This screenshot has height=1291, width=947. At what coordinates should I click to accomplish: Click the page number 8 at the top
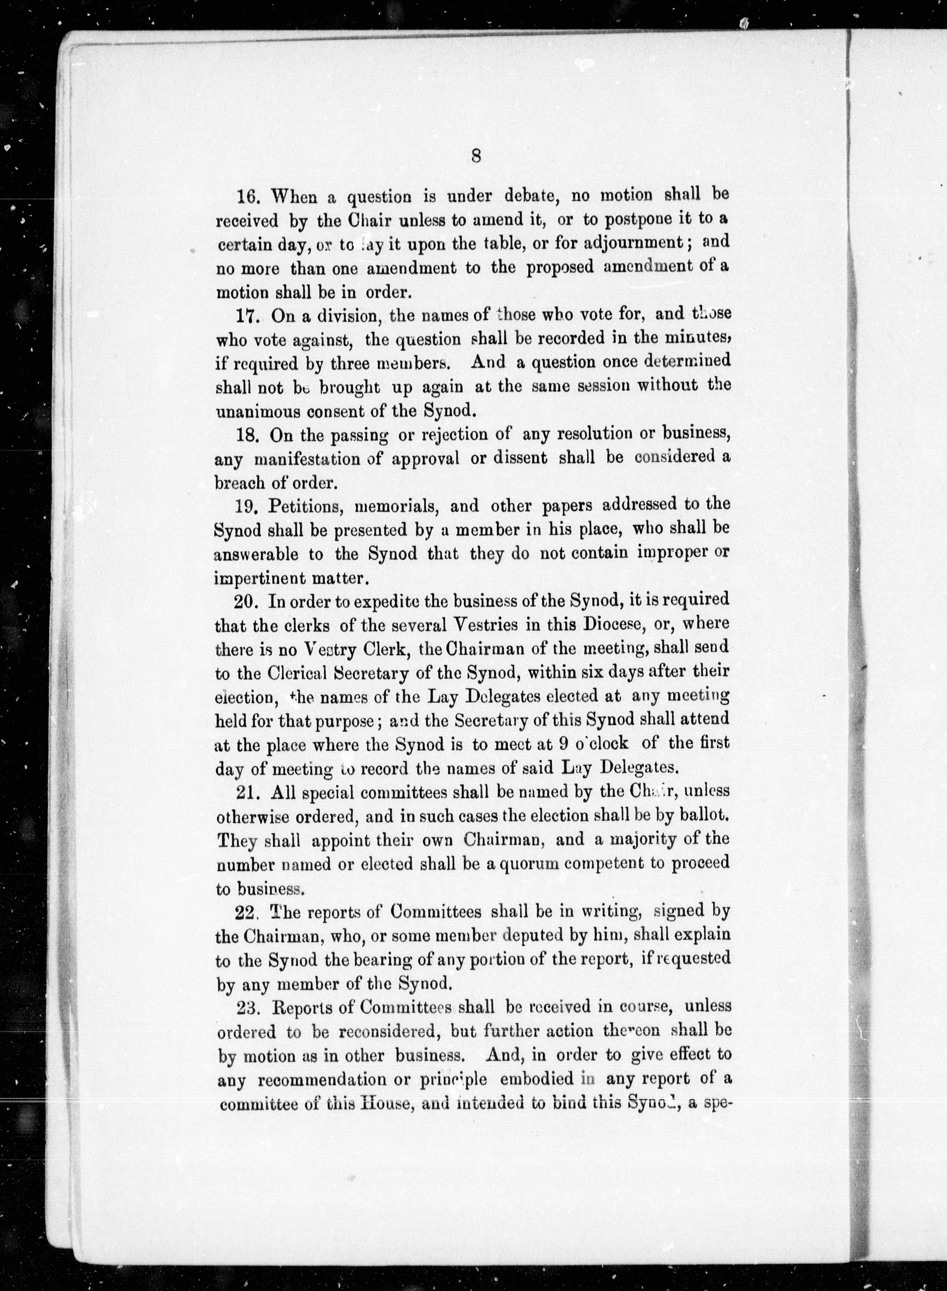click(476, 155)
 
